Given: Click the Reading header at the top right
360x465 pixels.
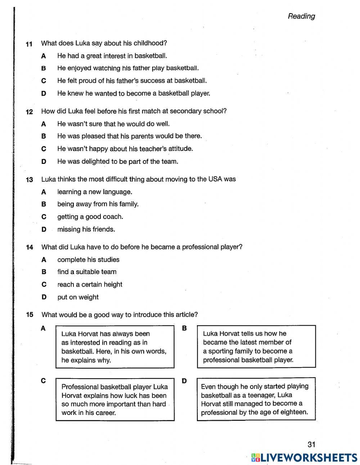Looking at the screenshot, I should tap(301, 16).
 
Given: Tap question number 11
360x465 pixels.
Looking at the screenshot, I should tap(29, 44).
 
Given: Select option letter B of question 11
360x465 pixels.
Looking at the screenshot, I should tap(44, 68).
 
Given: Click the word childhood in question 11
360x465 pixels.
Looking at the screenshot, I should tap(150, 43).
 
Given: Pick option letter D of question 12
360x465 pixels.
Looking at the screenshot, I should tap(44, 162).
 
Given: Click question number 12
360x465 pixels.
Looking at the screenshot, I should tap(29, 112).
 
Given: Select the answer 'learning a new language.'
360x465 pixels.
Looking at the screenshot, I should tap(95, 192).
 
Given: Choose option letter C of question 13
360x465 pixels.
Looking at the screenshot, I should tap(44, 217).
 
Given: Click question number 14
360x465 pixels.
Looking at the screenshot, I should tap(29, 247).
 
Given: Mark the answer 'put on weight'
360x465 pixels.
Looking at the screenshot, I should tap(78, 297).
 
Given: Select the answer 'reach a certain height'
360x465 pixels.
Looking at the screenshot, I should tap(90, 285).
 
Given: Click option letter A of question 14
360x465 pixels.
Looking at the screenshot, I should tap(44, 260).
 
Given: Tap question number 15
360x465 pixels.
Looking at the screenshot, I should tap(29, 315).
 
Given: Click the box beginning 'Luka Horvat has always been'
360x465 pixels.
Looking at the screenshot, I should tap(114, 346).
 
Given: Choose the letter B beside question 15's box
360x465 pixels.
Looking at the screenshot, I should tap(184, 328).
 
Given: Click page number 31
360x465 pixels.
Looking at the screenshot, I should tap(311, 444).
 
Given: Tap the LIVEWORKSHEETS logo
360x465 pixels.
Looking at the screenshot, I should tap(304, 457).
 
